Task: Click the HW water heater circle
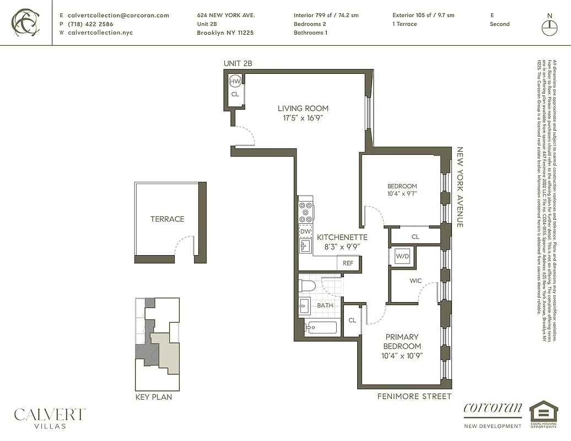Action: click(235, 82)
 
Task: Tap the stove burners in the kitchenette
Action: click(305, 212)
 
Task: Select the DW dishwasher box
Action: click(305, 232)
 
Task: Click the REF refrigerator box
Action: click(348, 263)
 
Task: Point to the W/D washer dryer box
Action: click(402, 256)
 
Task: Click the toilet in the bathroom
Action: click(307, 286)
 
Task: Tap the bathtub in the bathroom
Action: click(321, 327)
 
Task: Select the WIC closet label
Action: click(416, 281)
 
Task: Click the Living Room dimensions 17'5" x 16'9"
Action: click(303, 117)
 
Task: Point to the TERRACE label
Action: click(167, 219)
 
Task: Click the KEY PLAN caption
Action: click(154, 397)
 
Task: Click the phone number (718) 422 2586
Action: click(90, 24)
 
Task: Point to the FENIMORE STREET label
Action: click(414, 396)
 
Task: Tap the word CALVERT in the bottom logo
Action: click(50, 414)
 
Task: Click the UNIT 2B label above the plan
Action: click(238, 63)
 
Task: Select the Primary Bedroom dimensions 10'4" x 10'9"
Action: click(402, 356)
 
